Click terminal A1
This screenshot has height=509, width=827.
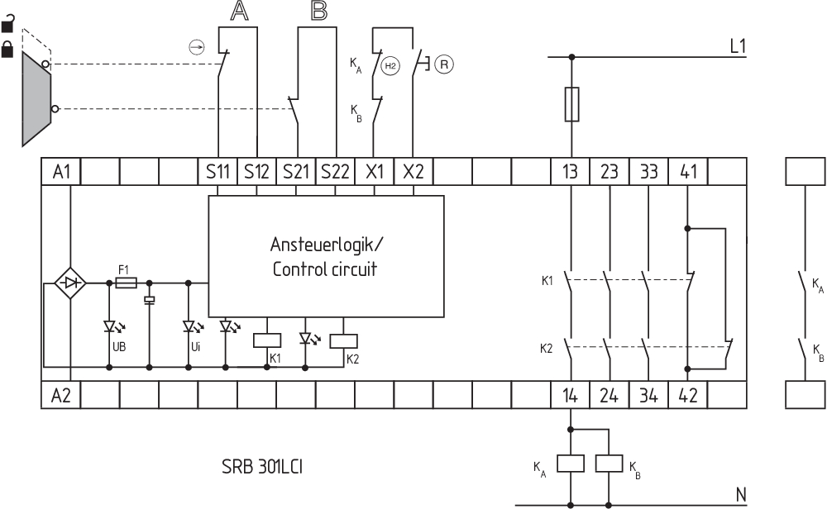(x=61, y=172)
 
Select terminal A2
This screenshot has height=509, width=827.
(x=61, y=396)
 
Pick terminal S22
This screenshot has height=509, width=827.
(x=335, y=172)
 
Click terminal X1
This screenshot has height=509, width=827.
(x=375, y=172)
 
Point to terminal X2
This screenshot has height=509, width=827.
(x=413, y=172)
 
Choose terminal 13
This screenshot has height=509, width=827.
(x=570, y=172)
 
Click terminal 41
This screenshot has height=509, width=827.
(x=688, y=172)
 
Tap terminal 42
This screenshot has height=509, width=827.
(x=688, y=396)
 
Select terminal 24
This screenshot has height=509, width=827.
(x=609, y=396)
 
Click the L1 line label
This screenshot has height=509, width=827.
(x=739, y=46)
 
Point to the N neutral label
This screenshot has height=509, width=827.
(x=742, y=494)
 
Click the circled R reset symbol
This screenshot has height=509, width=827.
(x=445, y=63)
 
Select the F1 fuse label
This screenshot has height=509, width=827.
(x=124, y=269)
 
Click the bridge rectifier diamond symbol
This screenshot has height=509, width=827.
(x=71, y=283)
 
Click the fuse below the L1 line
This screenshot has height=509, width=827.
(x=571, y=104)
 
